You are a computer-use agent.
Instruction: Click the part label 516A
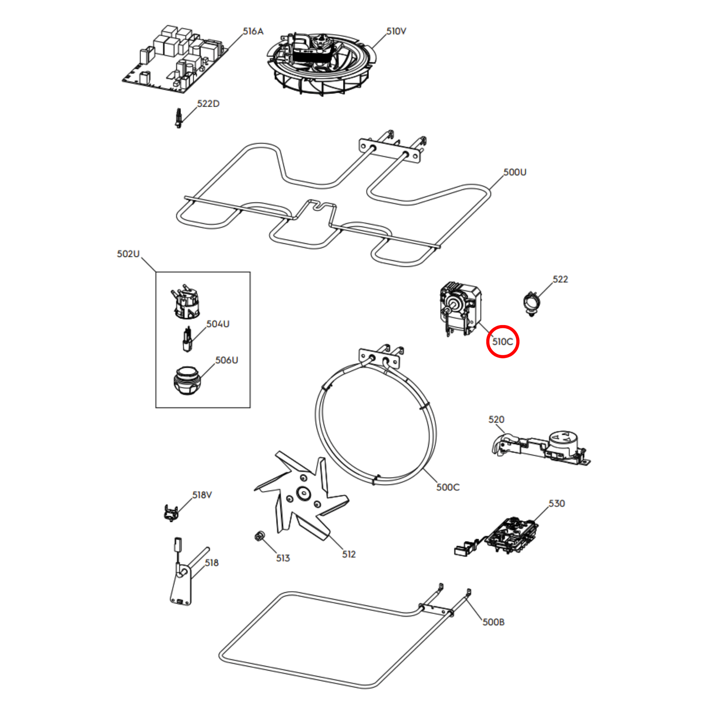coord(253,32)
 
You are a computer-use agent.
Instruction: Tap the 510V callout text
coord(396,31)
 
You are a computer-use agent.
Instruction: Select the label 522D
coord(208,104)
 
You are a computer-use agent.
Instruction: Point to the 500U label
coord(515,172)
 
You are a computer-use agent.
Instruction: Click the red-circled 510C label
coord(503,342)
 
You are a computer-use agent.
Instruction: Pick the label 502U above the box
coord(128,254)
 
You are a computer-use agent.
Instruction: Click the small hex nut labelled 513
coord(259,536)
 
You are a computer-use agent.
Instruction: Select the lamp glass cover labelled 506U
coord(187,381)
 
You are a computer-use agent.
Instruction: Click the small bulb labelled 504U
coord(187,339)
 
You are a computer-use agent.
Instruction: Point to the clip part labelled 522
coord(531,303)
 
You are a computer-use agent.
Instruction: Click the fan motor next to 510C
coord(460,309)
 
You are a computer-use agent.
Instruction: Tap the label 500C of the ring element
coord(448,488)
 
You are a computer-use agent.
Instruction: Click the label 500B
coord(493,622)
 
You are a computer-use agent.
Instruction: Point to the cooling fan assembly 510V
coord(321,63)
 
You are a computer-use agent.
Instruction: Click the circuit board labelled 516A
coord(174,59)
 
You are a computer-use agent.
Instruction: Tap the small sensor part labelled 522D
coord(178,118)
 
